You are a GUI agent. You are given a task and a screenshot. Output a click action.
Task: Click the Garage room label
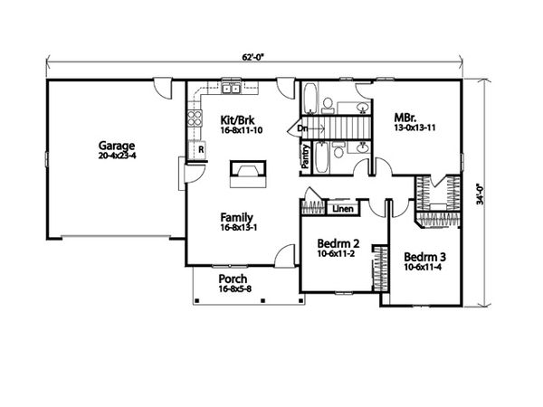[x=119, y=145]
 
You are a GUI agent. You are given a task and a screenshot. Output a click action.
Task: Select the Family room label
[x=237, y=217]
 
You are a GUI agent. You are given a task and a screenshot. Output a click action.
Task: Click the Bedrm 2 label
[x=338, y=244]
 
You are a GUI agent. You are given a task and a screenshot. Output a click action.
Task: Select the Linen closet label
[x=342, y=210]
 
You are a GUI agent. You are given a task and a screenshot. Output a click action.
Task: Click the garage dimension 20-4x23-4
[x=119, y=156]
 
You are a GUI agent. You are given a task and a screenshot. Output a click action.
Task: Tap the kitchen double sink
[x=230, y=89]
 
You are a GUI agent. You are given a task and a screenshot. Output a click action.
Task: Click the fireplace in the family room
[x=247, y=172]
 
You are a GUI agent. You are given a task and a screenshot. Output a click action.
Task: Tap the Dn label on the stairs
[x=302, y=129]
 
